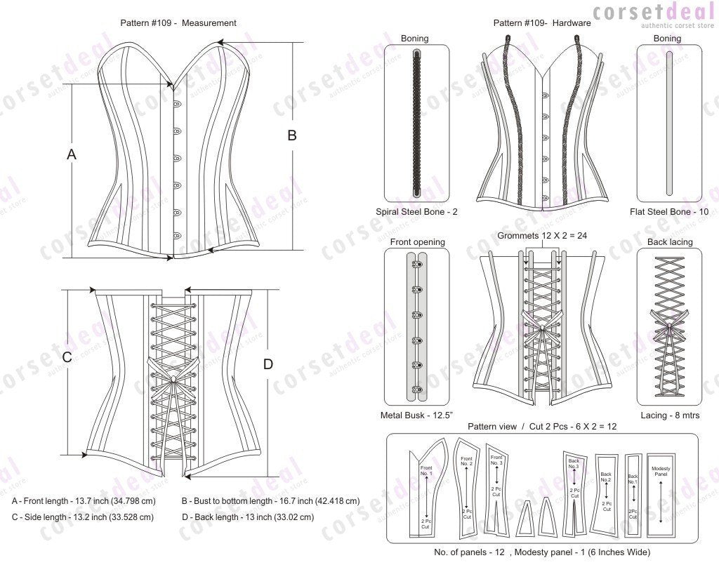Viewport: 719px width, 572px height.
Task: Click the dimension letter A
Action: pyautogui.click(x=71, y=154)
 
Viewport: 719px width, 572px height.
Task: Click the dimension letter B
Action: pyautogui.click(x=292, y=135)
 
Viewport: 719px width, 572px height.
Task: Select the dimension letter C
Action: pyautogui.click(x=67, y=357)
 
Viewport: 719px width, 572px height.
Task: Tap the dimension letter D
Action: pyautogui.click(x=268, y=364)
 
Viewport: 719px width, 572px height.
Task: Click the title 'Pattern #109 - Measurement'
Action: pyautogui.click(x=178, y=23)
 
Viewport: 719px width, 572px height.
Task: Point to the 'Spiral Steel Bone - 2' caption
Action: pyautogui.click(x=417, y=211)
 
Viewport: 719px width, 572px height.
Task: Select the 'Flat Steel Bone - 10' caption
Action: pyautogui.click(x=668, y=211)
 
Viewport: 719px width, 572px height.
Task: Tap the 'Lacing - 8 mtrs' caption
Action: pyautogui.click(x=668, y=415)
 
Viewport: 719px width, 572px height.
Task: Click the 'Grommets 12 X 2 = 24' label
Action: pyautogui.click(x=541, y=236)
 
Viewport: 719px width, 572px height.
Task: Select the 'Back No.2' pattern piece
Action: pyautogui.click(x=606, y=491)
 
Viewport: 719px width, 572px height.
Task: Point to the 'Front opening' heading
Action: pyautogui.click(x=417, y=242)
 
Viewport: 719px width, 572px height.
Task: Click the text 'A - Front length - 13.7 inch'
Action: pyautogui.click(x=84, y=501)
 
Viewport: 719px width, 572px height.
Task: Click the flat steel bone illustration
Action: pyautogui.click(x=668, y=124)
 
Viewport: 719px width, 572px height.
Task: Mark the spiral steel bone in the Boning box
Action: pyautogui.click(x=417, y=124)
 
